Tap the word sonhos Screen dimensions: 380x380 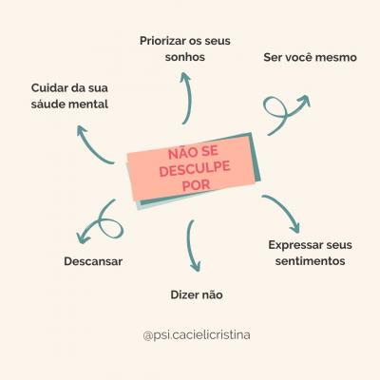(185, 57)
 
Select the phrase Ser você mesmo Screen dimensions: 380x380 (310, 57)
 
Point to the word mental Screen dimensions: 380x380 (91, 104)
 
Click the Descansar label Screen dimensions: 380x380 (93, 261)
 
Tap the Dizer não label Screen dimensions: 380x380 (197, 294)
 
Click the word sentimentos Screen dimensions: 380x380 (310, 261)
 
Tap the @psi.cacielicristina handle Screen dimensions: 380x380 (197, 335)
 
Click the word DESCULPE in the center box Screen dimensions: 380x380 (195, 169)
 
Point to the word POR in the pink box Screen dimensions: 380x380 (197, 185)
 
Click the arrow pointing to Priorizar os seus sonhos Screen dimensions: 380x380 (189, 98)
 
